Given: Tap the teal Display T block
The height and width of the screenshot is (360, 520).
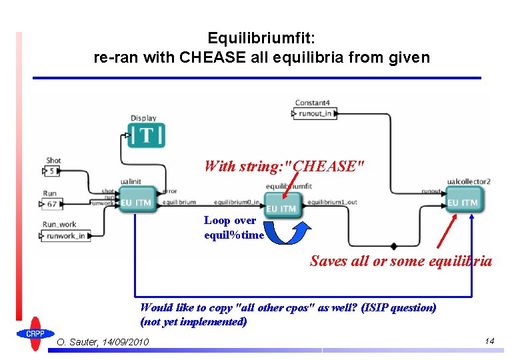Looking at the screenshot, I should pyautogui.click(x=147, y=135).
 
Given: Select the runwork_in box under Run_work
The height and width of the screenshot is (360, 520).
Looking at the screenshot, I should pyautogui.click(x=65, y=235).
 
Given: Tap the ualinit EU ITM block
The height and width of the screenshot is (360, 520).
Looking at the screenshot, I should pyautogui.click(x=137, y=201).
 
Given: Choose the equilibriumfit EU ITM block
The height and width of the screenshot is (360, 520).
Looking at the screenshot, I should pyautogui.click(x=281, y=204).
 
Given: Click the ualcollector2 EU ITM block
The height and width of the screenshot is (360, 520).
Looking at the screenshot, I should pyautogui.click(x=462, y=201).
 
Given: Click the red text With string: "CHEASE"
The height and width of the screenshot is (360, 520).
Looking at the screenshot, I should pyautogui.click(x=284, y=166).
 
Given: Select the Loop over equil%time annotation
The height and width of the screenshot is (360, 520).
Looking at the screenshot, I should pyautogui.click(x=233, y=227).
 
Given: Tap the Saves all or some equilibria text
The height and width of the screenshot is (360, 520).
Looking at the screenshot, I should pyautogui.click(x=401, y=261).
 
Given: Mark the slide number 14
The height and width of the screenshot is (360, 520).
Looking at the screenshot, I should pyautogui.click(x=489, y=341).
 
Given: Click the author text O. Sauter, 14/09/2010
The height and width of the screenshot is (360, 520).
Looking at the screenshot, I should pyautogui.click(x=103, y=343).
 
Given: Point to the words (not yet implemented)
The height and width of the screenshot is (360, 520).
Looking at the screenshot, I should pyautogui.click(x=193, y=321).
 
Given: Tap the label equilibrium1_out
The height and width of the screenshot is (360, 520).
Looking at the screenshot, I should pyautogui.click(x=333, y=201).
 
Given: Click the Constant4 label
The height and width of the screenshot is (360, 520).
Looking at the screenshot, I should pyautogui.click(x=312, y=103).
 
